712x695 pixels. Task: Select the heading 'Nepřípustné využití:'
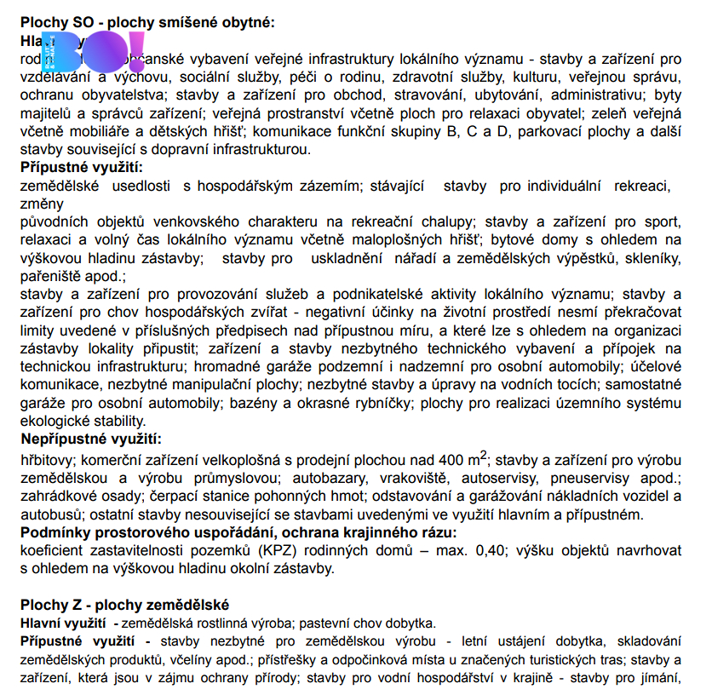(x=91, y=439)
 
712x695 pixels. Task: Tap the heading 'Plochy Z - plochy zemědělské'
(x=125, y=605)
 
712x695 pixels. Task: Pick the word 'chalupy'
(x=441, y=221)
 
